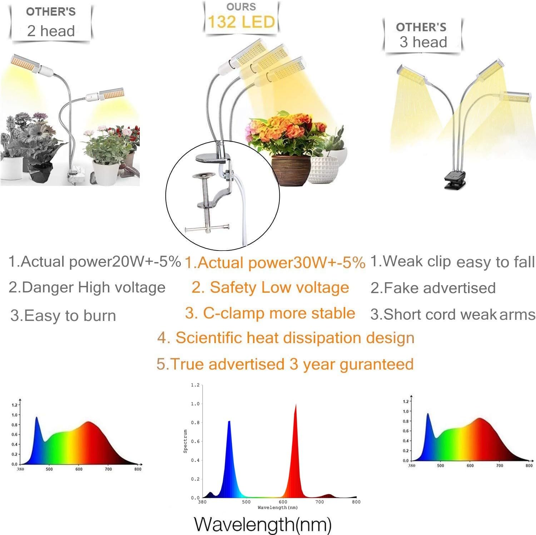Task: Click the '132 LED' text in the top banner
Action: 241,22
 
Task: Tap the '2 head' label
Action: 51,31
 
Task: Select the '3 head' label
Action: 423,42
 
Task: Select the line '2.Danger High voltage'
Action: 87,288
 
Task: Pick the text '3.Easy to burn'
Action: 63,316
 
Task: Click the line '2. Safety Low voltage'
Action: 270,288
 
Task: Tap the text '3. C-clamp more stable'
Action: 270,313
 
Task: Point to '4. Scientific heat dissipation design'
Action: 286,338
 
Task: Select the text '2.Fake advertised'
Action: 433,288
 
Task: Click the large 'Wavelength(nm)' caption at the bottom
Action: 263,525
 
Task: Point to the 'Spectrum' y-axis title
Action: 185,441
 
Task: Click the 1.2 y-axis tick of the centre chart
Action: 195,385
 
